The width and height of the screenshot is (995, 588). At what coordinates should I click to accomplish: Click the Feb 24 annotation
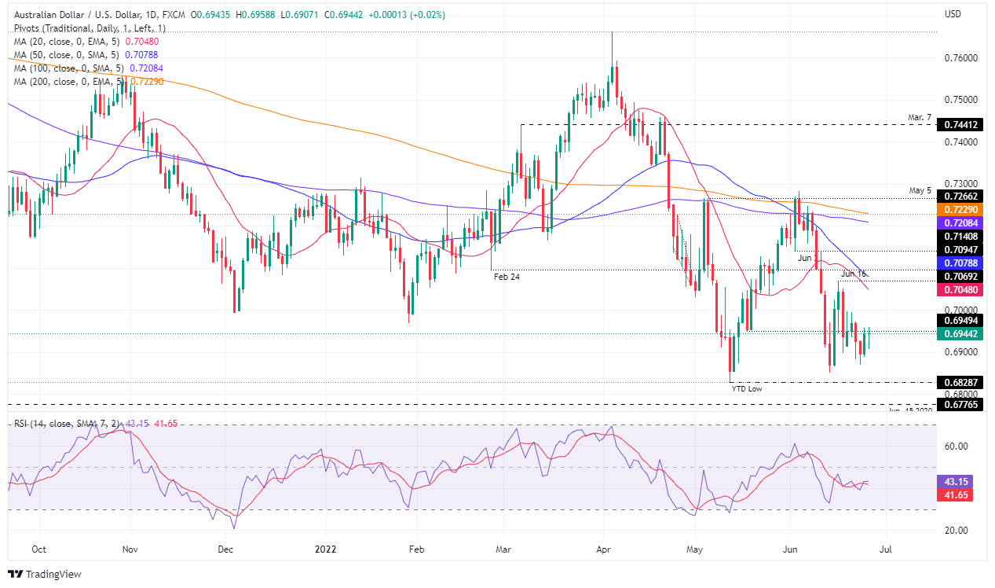click(x=507, y=277)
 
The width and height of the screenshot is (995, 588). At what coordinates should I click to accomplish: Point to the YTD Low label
click(x=747, y=388)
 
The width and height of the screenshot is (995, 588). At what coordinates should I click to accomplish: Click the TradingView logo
click(x=45, y=574)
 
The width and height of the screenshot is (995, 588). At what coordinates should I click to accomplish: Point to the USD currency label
click(x=953, y=14)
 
